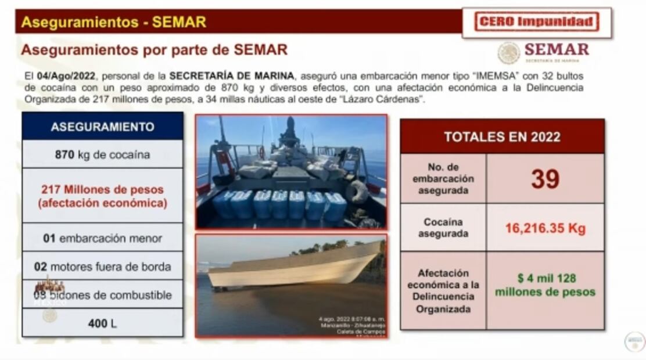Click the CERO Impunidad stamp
pos(537,23)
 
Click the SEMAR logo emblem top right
pos(509,53)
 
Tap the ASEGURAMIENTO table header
pos(103,127)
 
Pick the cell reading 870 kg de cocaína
pos(103,154)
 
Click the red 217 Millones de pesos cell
pos(103,196)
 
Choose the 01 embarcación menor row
pos(103,238)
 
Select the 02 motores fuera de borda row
pos(103,267)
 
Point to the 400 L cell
pos(103,323)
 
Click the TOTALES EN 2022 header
pos(502,137)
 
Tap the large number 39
pos(545,179)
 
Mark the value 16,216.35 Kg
pos(545,228)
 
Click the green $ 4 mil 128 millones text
pos(545,285)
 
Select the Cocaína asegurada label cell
pos(443,228)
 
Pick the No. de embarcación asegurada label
pos(443,179)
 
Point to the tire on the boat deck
pos(357,192)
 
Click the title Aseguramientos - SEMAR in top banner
pos(113,22)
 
